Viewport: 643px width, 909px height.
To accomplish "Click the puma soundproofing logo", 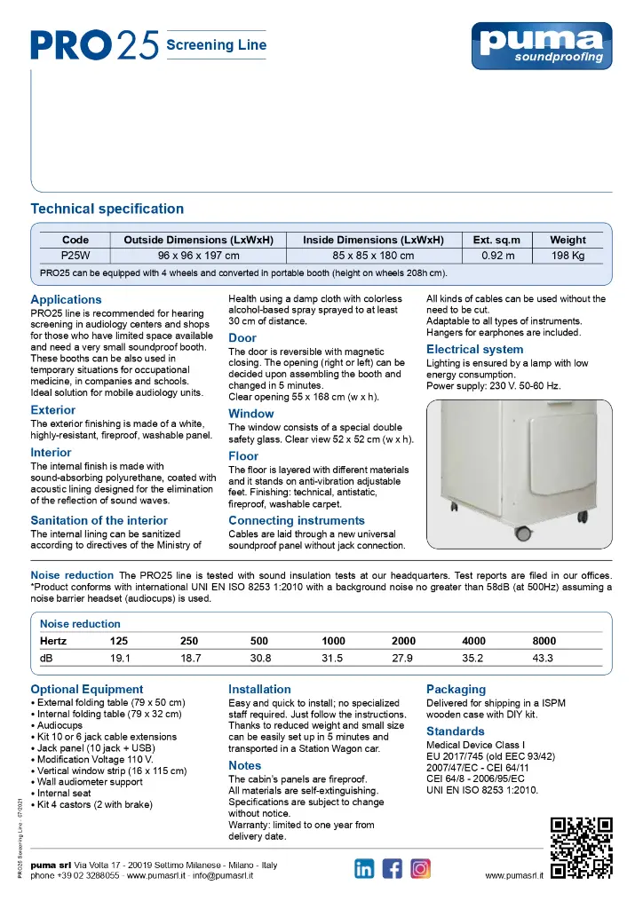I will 541,44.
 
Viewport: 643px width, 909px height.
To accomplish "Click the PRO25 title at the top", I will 94,44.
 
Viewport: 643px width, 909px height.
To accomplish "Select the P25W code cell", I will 75,255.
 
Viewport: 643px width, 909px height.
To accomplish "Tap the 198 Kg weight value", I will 568,255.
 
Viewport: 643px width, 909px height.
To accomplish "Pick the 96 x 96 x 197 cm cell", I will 198,255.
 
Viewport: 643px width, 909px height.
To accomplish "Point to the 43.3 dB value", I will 543,658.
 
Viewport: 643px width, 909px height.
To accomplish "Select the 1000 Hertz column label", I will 333,641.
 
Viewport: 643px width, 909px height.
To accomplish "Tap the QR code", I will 582,847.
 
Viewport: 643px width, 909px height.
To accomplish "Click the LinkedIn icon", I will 364,868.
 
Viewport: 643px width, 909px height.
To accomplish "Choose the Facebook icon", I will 393,868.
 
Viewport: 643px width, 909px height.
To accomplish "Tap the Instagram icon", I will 421,868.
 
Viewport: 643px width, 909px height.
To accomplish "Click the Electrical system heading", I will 474,350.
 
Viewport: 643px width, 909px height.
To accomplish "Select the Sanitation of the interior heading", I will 99,520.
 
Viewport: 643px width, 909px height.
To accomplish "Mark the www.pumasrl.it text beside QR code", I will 514,875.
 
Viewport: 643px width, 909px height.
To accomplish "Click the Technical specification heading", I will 107,209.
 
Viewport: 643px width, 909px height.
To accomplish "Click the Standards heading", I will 455,731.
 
